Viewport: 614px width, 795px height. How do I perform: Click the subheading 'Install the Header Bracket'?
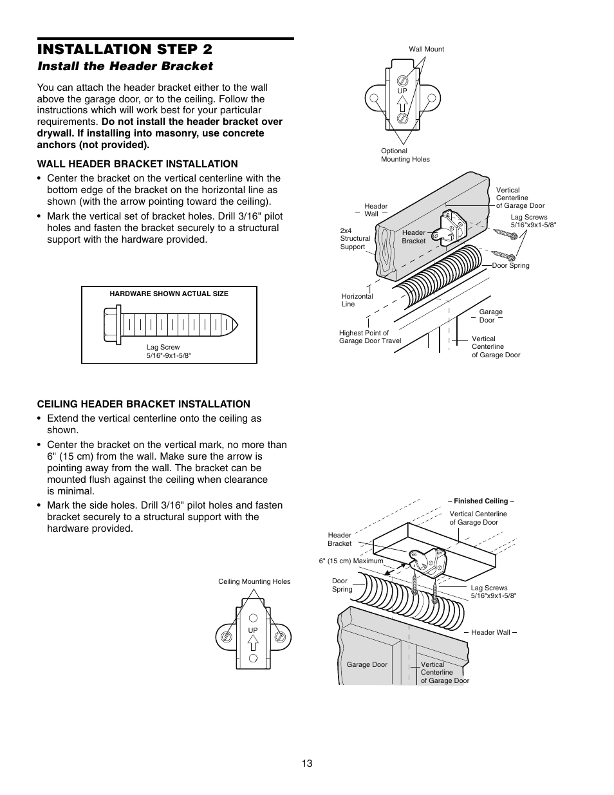125,66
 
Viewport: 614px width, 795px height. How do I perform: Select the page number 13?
306,763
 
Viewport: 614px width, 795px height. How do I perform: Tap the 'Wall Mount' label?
426,49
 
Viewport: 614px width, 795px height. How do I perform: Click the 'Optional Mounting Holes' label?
405,155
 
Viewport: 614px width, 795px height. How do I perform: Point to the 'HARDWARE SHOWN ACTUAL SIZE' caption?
169,294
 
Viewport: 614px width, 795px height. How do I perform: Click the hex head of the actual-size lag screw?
113,323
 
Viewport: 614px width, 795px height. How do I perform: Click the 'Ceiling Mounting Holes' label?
254,581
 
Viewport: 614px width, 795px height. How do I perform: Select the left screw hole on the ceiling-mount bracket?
227,636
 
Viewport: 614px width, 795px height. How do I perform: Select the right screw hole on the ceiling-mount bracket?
279,636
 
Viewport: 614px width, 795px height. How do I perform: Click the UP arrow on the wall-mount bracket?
402,103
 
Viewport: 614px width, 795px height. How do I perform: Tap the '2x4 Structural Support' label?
355,238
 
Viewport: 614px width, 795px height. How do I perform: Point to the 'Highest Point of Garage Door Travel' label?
369,337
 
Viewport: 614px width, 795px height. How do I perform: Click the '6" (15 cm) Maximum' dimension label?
351,561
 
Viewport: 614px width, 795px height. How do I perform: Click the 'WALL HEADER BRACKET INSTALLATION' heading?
137,164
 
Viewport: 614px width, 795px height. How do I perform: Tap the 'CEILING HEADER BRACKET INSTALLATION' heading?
144,404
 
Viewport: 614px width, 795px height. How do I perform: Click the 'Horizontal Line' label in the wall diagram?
357,300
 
